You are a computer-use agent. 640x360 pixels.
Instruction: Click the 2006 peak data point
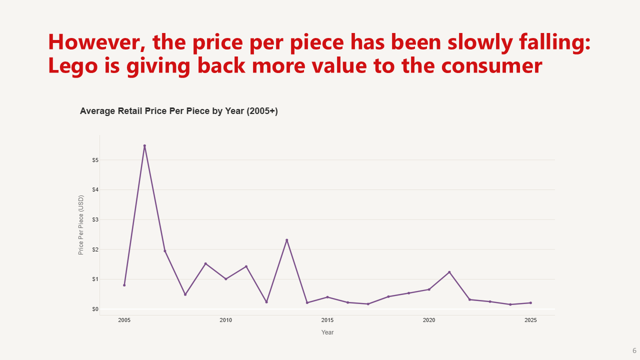click(x=144, y=145)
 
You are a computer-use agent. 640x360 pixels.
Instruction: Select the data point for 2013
click(x=286, y=240)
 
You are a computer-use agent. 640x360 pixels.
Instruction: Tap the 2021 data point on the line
click(x=449, y=272)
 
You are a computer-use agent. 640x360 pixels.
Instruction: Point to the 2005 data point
click(x=124, y=285)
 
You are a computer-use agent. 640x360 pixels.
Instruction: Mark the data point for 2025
click(x=530, y=302)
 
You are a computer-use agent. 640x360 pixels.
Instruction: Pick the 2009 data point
click(x=205, y=263)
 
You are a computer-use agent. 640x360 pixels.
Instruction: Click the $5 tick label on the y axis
click(x=94, y=160)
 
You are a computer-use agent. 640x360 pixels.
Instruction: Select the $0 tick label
click(x=94, y=309)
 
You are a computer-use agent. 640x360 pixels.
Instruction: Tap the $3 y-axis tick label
click(x=94, y=219)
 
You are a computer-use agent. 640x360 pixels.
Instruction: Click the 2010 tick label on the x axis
click(x=225, y=320)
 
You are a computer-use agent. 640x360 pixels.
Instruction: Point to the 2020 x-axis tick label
click(x=428, y=320)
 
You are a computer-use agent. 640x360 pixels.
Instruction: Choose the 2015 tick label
click(x=327, y=320)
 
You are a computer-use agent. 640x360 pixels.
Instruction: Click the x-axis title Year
click(x=327, y=332)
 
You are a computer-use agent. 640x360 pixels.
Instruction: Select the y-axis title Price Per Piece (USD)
click(x=81, y=225)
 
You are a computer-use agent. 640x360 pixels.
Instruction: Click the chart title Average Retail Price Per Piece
click(x=178, y=111)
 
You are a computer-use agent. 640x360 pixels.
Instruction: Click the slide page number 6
click(x=634, y=350)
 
